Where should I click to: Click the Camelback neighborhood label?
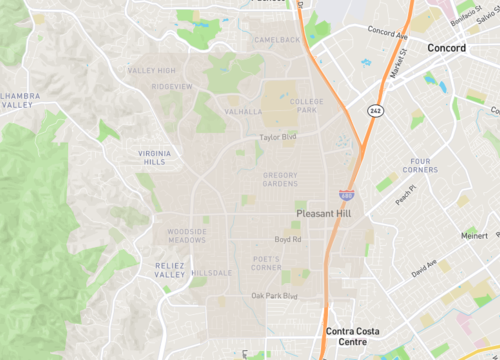pyautogui.click(x=277, y=40)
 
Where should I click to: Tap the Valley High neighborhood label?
pyautogui.click(x=152, y=70)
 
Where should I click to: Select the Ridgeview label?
pyautogui.click(x=171, y=87)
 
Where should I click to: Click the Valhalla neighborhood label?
pyautogui.click(x=244, y=112)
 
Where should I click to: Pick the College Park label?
pyautogui.click(x=306, y=106)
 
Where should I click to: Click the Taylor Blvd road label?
pyautogui.click(x=278, y=137)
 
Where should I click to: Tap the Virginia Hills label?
pyautogui.click(x=153, y=156)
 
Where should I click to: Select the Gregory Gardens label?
pyautogui.click(x=280, y=179)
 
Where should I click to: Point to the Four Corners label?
pyautogui.click(x=421, y=166)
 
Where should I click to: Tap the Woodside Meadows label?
pyautogui.click(x=186, y=236)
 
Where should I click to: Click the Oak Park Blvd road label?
pyautogui.click(x=274, y=296)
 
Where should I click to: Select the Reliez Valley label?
pyautogui.click(x=170, y=269)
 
